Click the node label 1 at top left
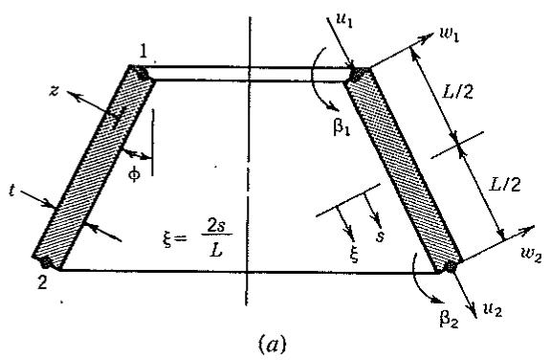pyautogui.click(x=143, y=52)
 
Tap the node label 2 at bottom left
pyautogui.click(x=42, y=281)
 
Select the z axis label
pyautogui.click(x=54, y=92)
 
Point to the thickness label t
pyautogui.click(x=11, y=191)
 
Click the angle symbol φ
pyautogui.click(x=134, y=174)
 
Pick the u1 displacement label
pyautogui.click(x=344, y=20)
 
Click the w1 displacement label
pyautogui.click(x=450, y=34)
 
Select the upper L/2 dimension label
pyautogui.click(x=457, y=92)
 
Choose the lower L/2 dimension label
pyautogui.click(x=505, y=184)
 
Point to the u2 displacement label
pyautogui.click(x=493, y=310)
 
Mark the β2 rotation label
pyautogui.click(x=449, y=318)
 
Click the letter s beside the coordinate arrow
pyautogui.click(x=380, y=236)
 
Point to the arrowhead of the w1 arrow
pyautogui.click(x=430, y=35)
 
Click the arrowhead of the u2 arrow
pyautogui.click(x=473, y=311)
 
